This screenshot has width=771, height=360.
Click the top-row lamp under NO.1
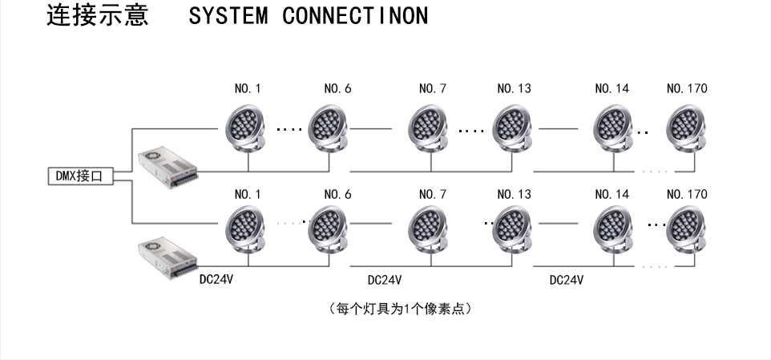point(248,128)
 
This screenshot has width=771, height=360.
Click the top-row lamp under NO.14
point(613,128)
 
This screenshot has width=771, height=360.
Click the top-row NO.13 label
point(514,88)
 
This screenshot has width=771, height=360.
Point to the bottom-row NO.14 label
point(612,194)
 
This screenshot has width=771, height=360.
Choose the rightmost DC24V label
point(566,281)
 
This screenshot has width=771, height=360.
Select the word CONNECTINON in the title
point(355,16)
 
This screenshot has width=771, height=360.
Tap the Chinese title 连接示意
point(97,16)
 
